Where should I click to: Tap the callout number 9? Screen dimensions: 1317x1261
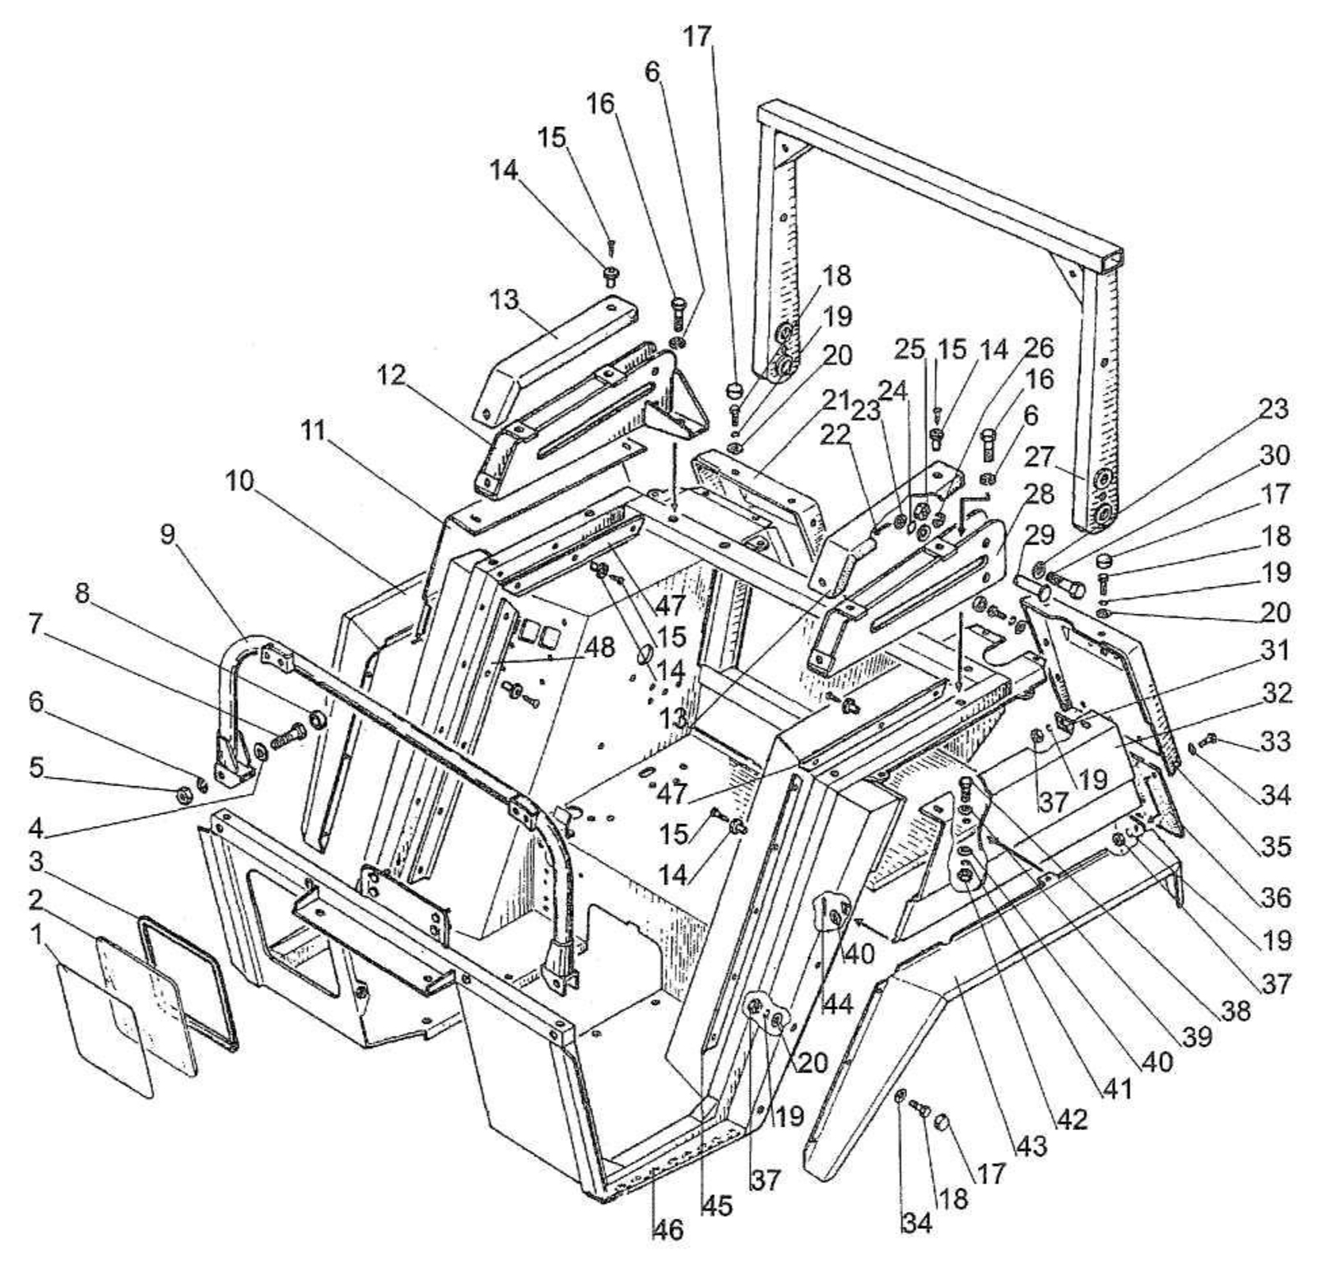click(167, 536)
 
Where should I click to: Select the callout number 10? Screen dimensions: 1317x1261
click(240, 482)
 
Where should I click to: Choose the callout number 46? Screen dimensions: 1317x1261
click(668, 1231)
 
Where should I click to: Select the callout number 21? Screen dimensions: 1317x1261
click(836, 401)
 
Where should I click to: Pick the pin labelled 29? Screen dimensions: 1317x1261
click(1034, 586)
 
